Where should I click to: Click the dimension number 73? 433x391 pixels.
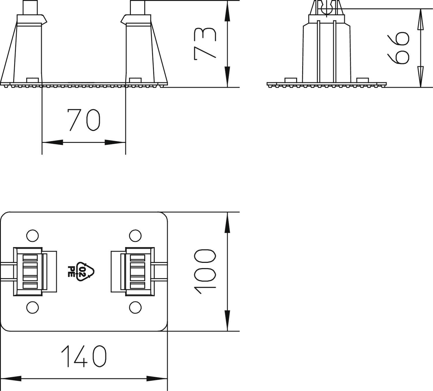click(x=205, y=43)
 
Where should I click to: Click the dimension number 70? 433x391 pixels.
click(x=84, y=119)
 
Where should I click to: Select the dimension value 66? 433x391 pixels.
click(x=399, y=48)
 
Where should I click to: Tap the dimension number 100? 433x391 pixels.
click(x=205, y=272)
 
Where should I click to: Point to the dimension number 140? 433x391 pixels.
click(x=84, y=356)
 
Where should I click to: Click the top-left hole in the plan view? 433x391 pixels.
click(x=32, y=235)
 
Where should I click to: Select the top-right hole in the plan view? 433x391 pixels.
click(x=135, y=235)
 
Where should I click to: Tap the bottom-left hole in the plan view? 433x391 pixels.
click(x=32, y=308)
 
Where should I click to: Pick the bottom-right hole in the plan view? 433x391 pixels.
click(x=135, y=308)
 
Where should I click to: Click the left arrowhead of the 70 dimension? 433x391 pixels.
click(x=52, y=142)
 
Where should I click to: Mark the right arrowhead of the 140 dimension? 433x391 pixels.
click(x=157, y=379)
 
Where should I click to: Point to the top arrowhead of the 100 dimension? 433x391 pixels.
click(x=227, y=222)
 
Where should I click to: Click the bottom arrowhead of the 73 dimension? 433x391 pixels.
click(x=227, y=76)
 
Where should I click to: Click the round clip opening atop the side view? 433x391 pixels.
click(x=326, y=9)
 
